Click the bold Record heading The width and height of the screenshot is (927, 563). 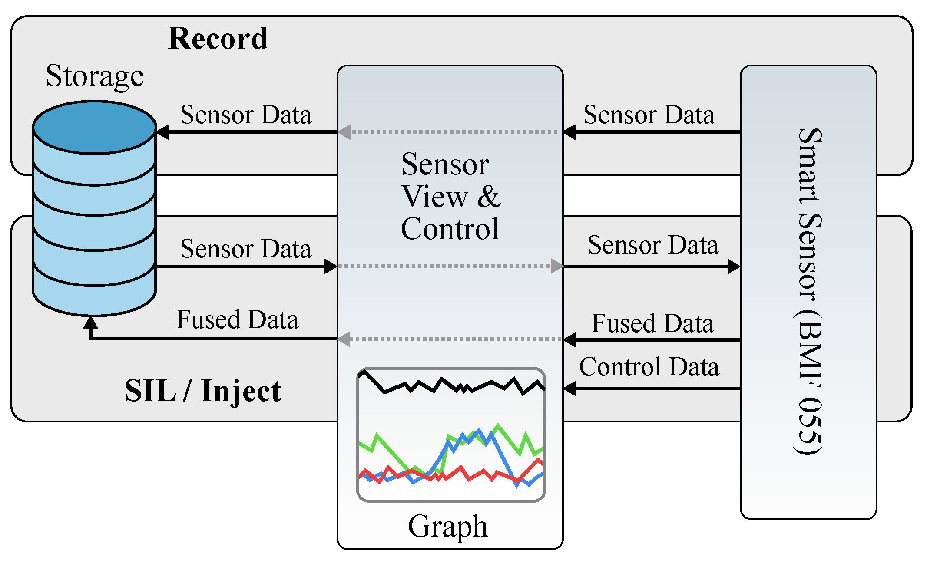218,39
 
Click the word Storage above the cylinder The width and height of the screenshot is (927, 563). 95,76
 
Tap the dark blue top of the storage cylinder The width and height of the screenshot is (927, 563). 94,127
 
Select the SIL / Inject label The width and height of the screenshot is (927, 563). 203,391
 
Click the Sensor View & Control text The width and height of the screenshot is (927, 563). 450,196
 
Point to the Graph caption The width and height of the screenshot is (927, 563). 447,526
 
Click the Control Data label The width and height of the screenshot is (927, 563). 649,367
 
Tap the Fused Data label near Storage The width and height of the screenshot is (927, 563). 237,319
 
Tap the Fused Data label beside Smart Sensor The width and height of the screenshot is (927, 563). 652,323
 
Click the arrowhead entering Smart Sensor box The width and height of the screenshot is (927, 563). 734,266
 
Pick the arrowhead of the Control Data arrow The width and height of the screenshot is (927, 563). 569,389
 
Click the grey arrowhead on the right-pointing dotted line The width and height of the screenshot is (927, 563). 557,266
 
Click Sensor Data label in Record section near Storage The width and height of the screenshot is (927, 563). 246,115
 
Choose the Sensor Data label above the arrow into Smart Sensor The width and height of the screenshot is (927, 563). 653,245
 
